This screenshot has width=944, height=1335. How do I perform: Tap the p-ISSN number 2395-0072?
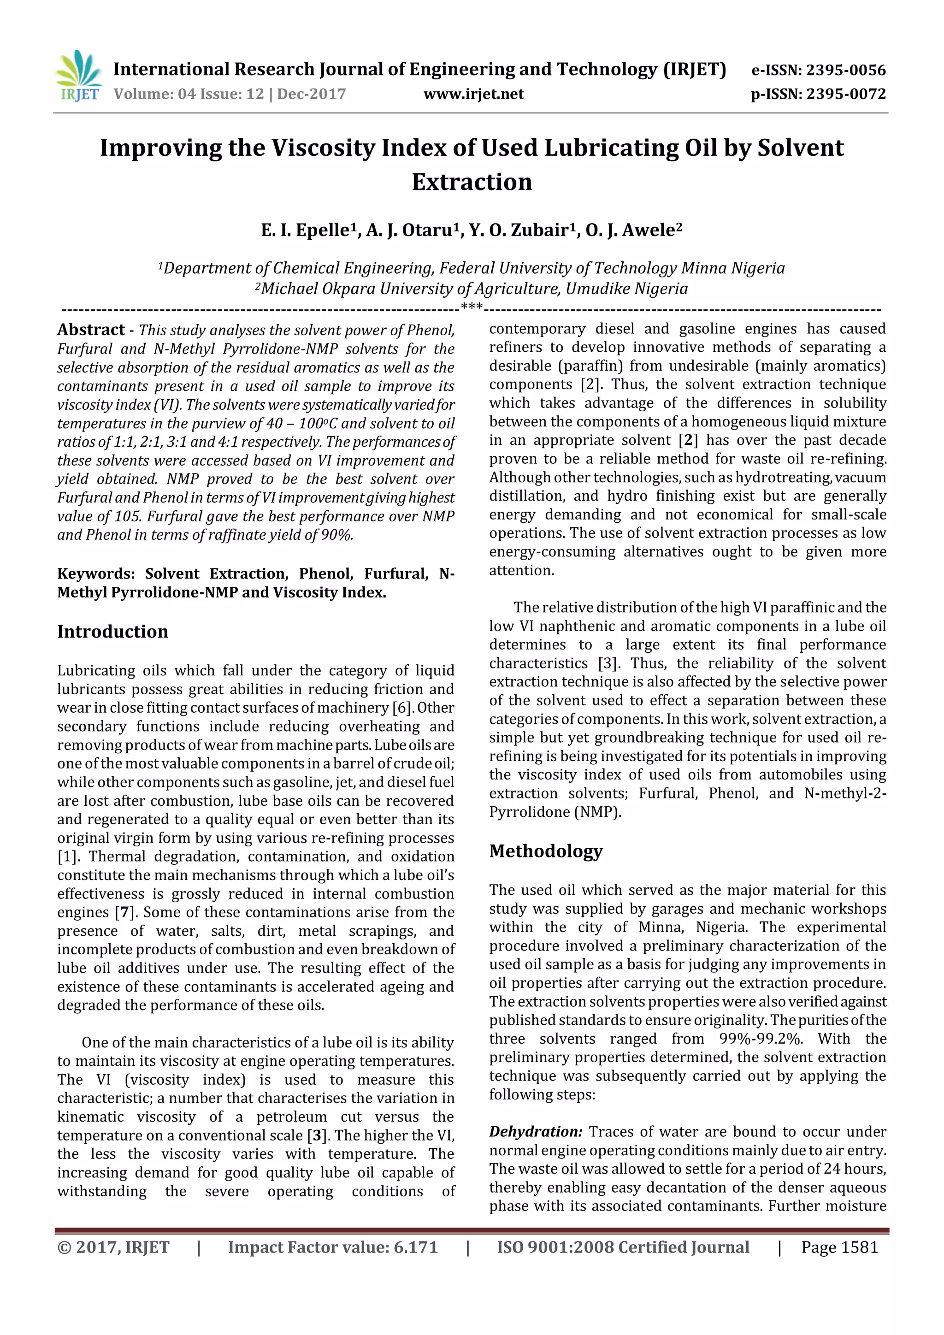(846, 94)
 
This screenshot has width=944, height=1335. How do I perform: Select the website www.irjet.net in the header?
(473, 94)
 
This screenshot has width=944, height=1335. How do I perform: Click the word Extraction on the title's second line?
(472, 182)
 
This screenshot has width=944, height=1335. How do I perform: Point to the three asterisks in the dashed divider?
(472, 307)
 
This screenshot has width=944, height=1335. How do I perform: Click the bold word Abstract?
(91, 330)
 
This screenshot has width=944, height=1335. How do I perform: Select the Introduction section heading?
(112, 632)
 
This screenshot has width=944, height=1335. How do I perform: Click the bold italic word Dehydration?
(535, 1132)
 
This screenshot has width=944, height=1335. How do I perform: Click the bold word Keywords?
(96, 574)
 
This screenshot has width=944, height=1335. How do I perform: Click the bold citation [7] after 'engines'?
(123, 912)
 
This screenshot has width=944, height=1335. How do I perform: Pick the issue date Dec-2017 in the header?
(311, 94)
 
